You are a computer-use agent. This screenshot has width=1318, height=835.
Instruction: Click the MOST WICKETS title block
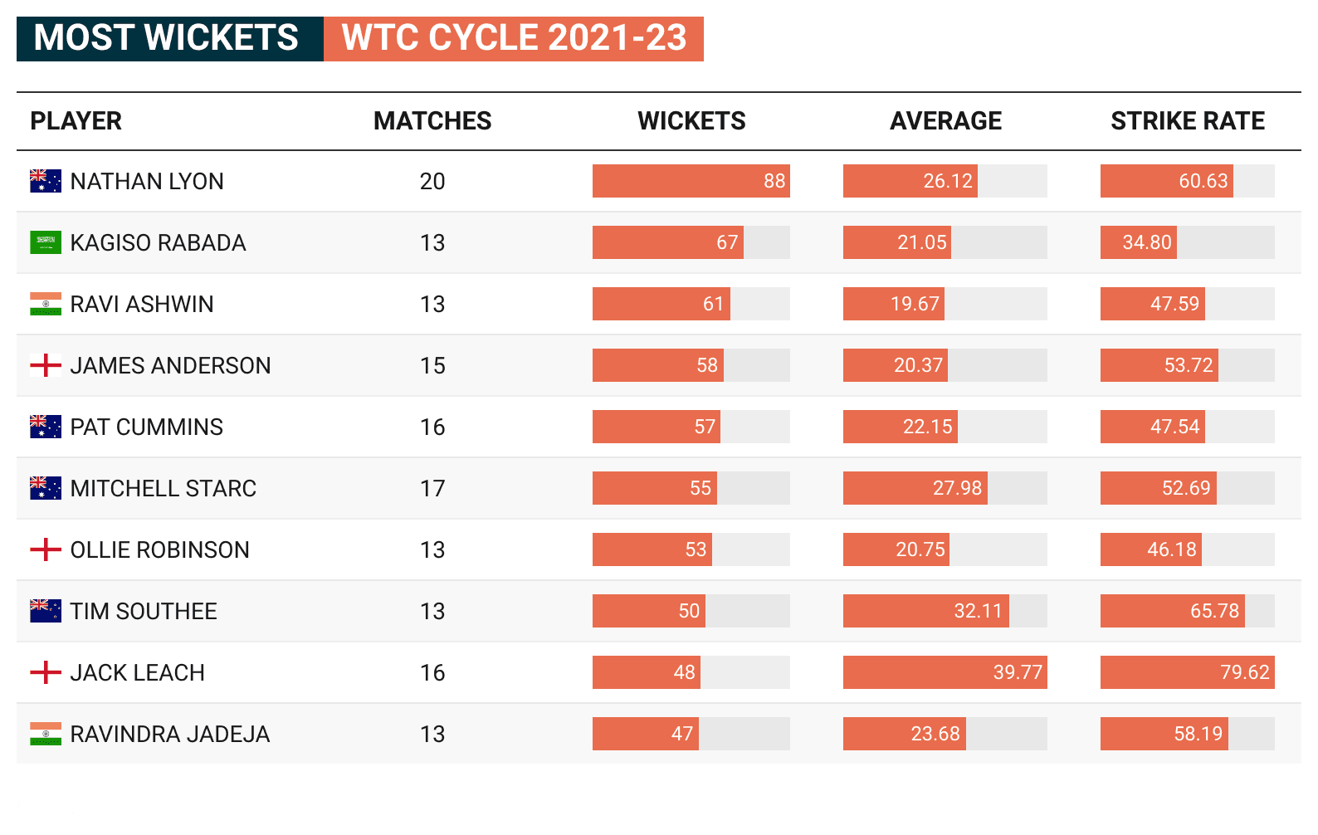pos(169,39)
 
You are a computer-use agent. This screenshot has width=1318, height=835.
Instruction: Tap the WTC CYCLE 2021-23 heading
pos(514,39)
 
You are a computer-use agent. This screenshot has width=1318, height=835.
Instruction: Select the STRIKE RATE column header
pos(1187,121)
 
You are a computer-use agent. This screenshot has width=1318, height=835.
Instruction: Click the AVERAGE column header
pos(945,121)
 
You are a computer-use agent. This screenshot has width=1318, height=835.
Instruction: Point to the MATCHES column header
pos(432,121)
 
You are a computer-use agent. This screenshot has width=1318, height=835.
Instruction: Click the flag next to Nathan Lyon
pos(46,181)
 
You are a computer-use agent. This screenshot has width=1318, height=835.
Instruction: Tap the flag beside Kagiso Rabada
pos(46,242)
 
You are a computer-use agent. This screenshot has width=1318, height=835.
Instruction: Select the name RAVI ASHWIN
pos(142,305)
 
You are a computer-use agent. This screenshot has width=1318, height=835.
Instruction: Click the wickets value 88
pos(774,181)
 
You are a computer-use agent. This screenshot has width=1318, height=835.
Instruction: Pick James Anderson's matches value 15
pos(432,366)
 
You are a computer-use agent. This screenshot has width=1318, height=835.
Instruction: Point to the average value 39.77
pos(1017,672)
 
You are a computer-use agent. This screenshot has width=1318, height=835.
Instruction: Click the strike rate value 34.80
pos(1146,242)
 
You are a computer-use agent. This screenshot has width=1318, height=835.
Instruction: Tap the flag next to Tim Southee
pos(46,611)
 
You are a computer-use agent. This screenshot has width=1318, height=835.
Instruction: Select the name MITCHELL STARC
pos(164,489)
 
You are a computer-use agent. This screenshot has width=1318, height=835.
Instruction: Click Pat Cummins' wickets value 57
pos(704,427)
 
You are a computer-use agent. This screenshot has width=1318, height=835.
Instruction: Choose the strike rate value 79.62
pos(1244,672)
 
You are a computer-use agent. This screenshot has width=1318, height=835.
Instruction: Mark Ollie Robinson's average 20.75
pos(920,549)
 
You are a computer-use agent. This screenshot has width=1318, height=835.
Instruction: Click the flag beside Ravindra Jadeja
pos(46,734)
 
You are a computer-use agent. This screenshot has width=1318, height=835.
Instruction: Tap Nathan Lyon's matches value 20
pos(432,182)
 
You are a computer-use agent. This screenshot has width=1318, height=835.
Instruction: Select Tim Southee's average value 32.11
pos(978,611)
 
